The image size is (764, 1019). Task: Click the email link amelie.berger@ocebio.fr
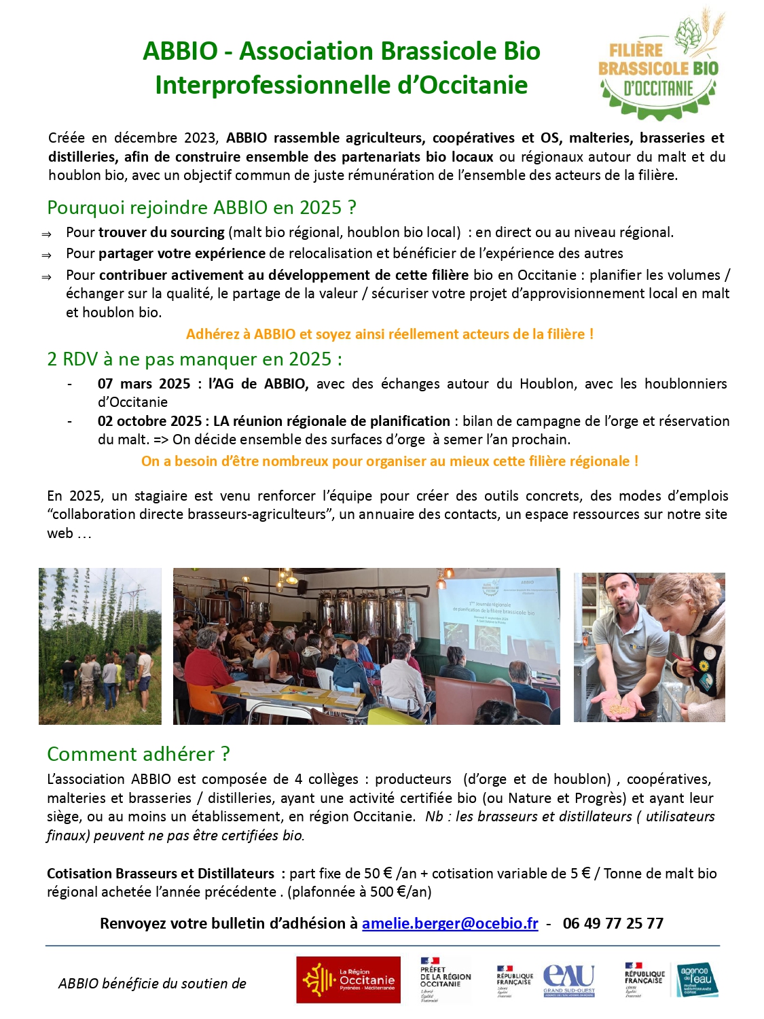click(x=450, y=923)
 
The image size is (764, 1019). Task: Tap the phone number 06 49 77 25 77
click(x=613, y=923)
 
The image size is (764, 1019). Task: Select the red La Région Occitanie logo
click(x=348, y=980)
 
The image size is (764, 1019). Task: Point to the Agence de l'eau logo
click(x=696, y=980)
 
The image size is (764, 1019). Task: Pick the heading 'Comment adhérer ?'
click(x=139, y=754)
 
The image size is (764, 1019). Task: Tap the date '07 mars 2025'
click(x=144, y=384)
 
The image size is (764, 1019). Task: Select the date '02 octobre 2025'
click(x=149, y=421)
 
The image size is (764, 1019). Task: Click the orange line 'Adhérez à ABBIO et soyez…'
click(x=390, y=334)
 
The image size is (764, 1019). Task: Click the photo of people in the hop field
click(x=100, y=646)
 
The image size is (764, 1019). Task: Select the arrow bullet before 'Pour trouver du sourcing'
click(x=46, y=234)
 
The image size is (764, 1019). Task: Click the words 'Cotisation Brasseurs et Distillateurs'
click(x=160, y=874)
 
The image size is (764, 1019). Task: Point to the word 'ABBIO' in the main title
click(x=180, y=52)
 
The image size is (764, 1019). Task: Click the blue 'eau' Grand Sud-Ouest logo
click(x=568, y=980)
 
